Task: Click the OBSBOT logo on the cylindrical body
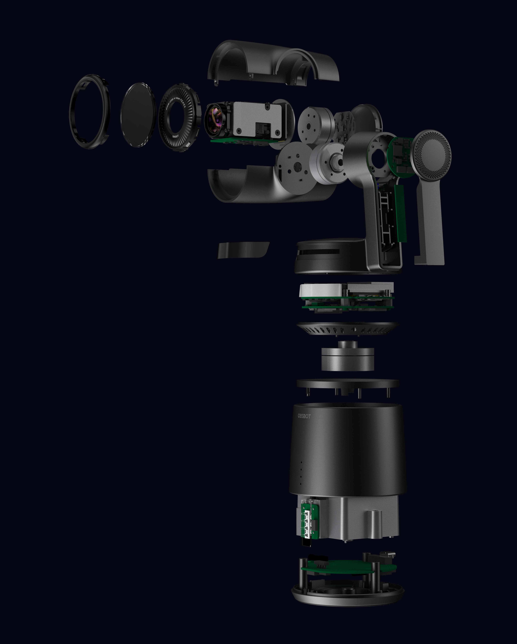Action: (304, 416)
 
